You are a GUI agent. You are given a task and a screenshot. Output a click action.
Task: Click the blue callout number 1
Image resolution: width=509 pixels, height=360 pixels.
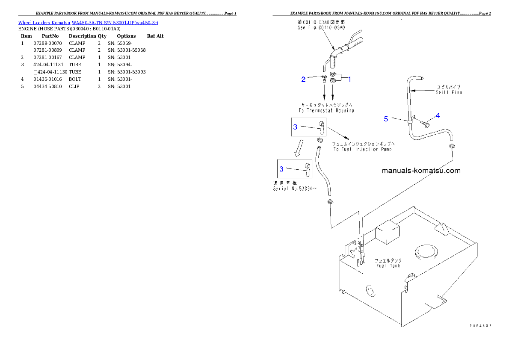point(349,79)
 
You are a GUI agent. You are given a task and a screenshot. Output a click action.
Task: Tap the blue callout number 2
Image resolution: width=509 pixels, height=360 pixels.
point(303,79)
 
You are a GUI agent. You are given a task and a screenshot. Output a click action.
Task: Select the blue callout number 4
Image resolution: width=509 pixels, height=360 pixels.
point(438,115)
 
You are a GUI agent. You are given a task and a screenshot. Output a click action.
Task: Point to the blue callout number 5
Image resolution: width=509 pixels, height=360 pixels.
point(386,119)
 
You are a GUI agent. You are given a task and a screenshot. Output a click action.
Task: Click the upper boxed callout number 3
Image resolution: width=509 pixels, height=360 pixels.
point(295,127)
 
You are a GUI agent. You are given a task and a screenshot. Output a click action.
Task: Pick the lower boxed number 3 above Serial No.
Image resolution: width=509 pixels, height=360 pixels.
point(281,169)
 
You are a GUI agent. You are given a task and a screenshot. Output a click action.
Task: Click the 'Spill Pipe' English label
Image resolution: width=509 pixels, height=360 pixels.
point(449,92)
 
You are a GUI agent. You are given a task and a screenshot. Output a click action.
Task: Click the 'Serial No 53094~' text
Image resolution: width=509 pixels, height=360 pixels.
point(295,189)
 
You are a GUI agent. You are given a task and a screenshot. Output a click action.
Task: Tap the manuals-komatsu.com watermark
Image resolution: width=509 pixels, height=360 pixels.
point(421,171)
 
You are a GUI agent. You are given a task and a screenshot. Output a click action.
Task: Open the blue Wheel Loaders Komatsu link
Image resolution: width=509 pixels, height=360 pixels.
point(88,23)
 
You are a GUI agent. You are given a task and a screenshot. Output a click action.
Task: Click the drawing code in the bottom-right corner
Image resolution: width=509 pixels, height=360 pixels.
point(480,325)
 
